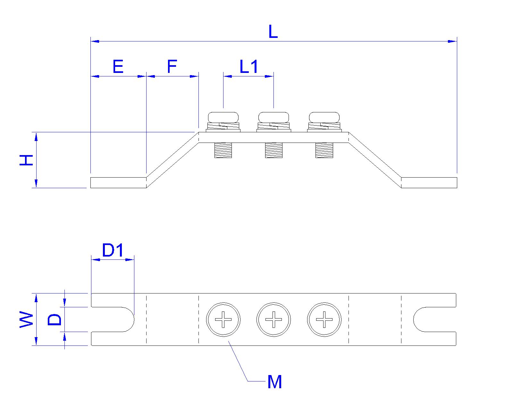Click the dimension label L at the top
[x=273, y=32]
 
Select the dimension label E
[x=118, y=67]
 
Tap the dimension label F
[x=172, y=67]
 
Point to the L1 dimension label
[x=249, y=67]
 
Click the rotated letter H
[x=27, y=160]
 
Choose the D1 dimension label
[x=113, y=250]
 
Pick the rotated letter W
[x=27, y=319]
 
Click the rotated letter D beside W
[x=55, y=319]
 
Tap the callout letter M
[x=274, y=382]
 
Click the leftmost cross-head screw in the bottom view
[x=223, y=319]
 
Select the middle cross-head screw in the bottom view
[x=273, y=319]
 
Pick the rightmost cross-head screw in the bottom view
[x=324, y=319]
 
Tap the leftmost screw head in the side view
[x=223, y=117]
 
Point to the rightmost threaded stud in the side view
[x=324, y=150]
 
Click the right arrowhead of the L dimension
[x=452, y=41]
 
